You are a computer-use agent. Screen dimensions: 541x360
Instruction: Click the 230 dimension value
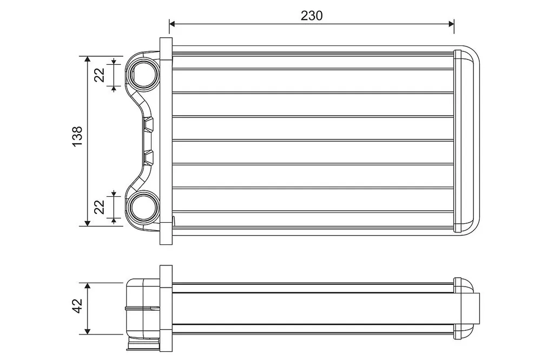(312, 16)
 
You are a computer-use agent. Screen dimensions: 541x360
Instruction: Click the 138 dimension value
(77, 136)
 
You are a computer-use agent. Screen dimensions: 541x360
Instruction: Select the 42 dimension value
(77, 305)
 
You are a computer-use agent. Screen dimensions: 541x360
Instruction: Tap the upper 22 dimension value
(100, 75)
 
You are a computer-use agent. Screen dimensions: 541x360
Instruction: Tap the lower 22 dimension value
(100, 207)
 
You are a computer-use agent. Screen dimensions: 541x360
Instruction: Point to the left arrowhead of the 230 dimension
(173, 24)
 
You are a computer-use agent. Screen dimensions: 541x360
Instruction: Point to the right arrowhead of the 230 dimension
(451, 24)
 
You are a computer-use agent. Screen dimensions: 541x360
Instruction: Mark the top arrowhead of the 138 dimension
(87, 59)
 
